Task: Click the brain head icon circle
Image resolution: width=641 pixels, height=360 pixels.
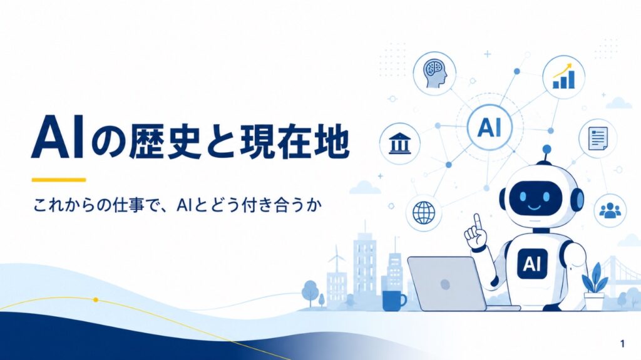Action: point(434,74)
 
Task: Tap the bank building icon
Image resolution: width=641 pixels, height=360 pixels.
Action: point(400,143)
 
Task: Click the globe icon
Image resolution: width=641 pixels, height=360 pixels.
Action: point(424,213)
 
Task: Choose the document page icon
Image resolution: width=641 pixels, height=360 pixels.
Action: point(598,138)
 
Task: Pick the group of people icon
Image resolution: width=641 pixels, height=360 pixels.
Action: point(610,210)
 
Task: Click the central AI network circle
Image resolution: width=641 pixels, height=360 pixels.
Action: point(490,127)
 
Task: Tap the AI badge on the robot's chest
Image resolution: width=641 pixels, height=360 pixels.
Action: point(532,264)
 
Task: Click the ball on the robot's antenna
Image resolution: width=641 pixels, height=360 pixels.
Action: point(546,149)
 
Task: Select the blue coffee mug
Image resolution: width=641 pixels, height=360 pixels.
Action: point(394,301)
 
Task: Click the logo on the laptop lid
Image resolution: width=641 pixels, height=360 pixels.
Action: point(444,284)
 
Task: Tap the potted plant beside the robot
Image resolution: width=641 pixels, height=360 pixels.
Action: point(593,286)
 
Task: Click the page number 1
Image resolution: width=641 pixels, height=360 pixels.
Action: point(622,344)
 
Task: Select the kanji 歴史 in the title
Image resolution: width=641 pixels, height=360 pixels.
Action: point(165,142)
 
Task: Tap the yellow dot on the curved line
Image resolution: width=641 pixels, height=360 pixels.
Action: point(96,300)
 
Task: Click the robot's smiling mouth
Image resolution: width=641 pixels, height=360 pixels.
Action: point(534,207)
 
